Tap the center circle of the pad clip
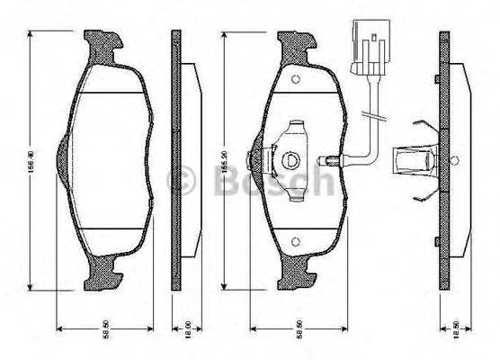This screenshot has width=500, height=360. click(290, 161)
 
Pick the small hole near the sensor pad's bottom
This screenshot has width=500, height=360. click(294, 240)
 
